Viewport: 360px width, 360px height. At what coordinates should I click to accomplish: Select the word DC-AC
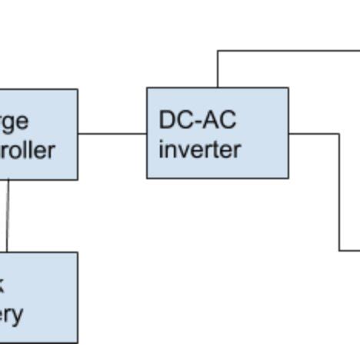tap(198, 120)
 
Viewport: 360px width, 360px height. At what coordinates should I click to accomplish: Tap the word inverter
tap(199, 148)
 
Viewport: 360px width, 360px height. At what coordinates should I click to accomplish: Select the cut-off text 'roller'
tap(27, 149)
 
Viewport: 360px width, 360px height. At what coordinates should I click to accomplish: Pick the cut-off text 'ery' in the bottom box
tap(12, 314)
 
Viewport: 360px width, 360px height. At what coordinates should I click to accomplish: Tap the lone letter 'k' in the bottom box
tap(2, 285)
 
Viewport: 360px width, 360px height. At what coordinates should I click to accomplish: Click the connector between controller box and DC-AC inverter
tap(112, 133)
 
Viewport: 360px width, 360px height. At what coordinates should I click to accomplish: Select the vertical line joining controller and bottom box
tap(7, 215)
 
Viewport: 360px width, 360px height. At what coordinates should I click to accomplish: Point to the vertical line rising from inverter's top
tap(218, 69)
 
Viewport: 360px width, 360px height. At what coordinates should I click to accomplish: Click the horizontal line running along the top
tap(288, 51)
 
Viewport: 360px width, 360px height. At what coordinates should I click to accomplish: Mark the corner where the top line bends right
tap(218, 51)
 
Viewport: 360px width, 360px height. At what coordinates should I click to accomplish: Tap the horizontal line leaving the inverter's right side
tap(314, 133)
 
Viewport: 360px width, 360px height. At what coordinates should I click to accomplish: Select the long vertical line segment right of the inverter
tap(339, 192)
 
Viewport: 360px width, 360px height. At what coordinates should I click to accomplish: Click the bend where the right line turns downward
tap(339, 133)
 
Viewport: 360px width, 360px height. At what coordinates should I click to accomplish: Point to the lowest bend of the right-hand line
tap(339, 250)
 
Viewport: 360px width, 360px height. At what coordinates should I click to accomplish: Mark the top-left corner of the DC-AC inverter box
tap(147, 88)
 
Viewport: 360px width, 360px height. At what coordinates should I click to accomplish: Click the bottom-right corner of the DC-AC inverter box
tap(288, 178)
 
